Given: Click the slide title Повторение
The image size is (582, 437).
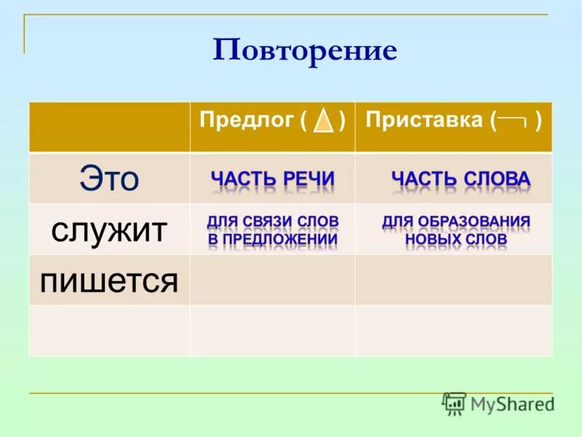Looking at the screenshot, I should pos(305,50).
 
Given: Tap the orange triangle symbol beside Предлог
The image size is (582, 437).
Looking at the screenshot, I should pos(323,122).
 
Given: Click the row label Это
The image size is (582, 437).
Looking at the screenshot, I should pos(109,178).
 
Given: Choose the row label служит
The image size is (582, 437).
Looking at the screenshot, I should pos(109,230).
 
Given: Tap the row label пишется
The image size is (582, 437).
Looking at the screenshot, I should pos(109,280).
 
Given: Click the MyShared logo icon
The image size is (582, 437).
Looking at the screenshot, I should pos(454,403).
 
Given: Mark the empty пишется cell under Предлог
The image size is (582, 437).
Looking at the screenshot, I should pos(272,280).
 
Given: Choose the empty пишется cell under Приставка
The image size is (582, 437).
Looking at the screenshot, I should pos(453,280).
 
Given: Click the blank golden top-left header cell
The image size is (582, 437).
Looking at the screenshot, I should pos(109,127).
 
